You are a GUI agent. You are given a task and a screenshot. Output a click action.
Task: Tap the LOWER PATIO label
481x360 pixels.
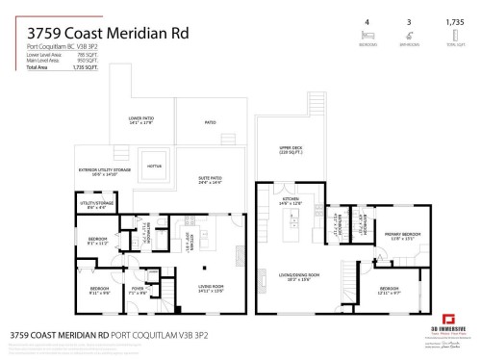[140, 120]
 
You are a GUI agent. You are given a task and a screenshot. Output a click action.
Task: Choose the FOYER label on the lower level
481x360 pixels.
[138, 288]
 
